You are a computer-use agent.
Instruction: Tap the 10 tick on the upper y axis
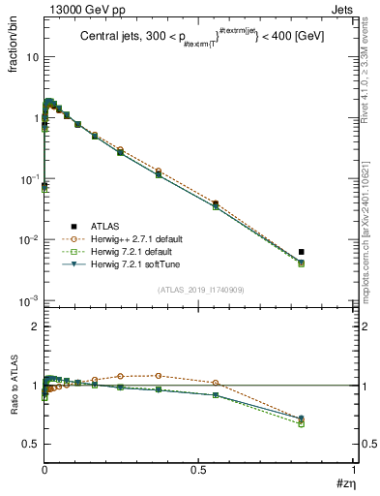31,57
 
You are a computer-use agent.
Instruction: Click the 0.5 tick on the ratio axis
30,444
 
